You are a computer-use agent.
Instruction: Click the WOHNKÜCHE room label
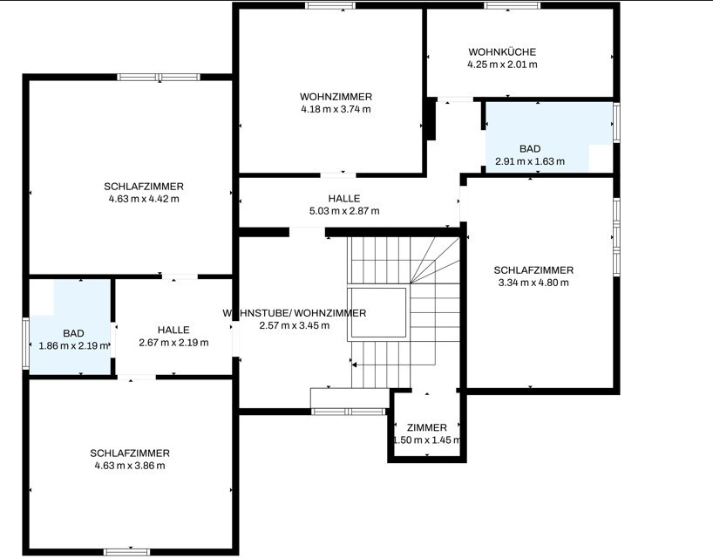point(502,51)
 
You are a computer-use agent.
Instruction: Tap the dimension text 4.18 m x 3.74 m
point(336,109)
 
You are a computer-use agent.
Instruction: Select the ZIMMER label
point(426,427)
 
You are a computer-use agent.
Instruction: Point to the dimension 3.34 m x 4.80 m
point(533,283)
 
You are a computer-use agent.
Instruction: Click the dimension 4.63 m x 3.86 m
point(130,466)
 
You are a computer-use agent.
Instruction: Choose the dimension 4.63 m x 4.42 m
point(144,199)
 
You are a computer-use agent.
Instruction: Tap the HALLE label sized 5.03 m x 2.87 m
point(344,199)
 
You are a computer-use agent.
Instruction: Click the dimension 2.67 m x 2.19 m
point(173,343)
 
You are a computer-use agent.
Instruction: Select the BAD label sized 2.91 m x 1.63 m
point(530,149)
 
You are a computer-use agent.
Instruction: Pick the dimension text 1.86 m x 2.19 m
point(74,345)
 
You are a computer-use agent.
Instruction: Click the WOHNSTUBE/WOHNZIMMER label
point(295,313)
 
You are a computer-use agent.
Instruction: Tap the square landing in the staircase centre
point(377,313)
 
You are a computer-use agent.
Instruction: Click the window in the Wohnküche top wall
point(512,5)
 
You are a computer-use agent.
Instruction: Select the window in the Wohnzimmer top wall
point(330,5)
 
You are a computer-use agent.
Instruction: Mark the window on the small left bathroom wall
point(26,343)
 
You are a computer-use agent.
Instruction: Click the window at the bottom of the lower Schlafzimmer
point(127,552)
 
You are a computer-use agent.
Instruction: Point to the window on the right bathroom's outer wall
point(616,123)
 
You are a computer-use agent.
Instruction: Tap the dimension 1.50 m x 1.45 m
point(426,440)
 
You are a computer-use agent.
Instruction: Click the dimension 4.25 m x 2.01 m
point(502,65)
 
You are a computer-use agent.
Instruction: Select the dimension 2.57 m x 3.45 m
point(295,325)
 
